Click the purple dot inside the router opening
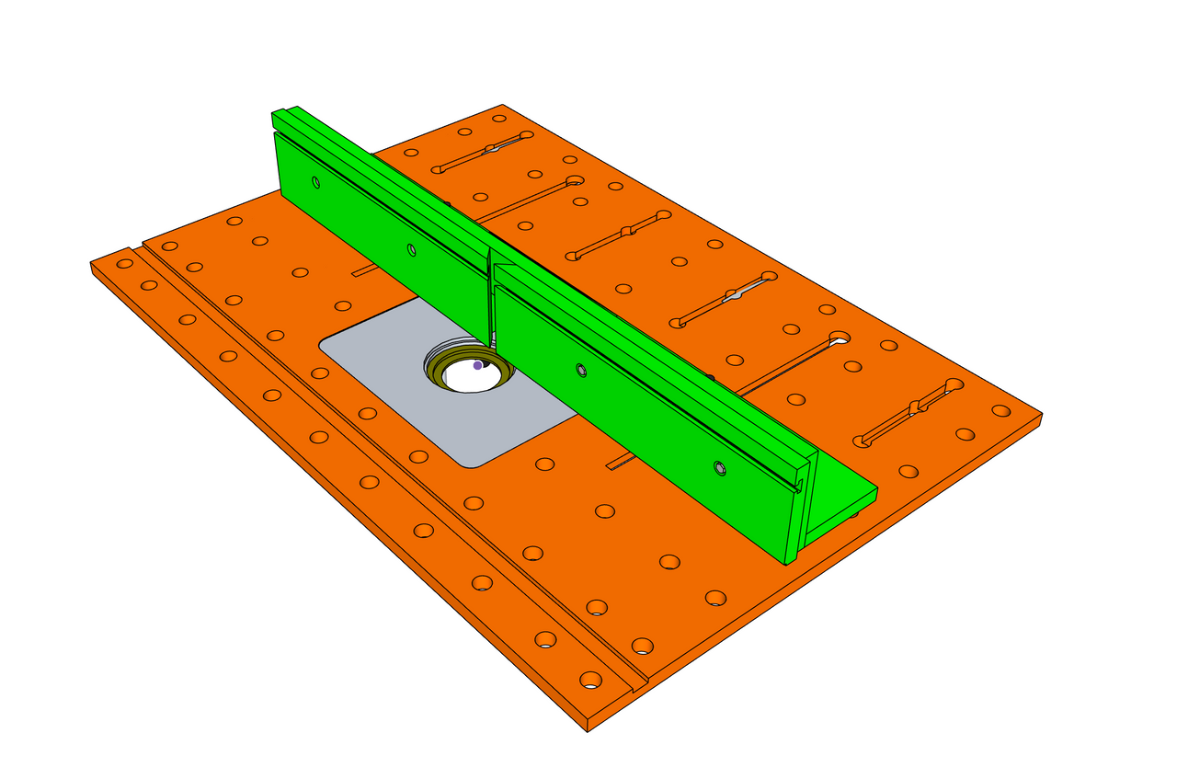477,365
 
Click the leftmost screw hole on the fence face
315,182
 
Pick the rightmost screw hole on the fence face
720,469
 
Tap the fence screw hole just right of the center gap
581,370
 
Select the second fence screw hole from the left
411,249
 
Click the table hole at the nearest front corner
590,681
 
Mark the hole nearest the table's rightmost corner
1000,411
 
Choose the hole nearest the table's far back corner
499,119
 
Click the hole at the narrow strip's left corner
124,263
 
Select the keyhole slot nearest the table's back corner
483,152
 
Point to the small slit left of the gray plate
364,270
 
